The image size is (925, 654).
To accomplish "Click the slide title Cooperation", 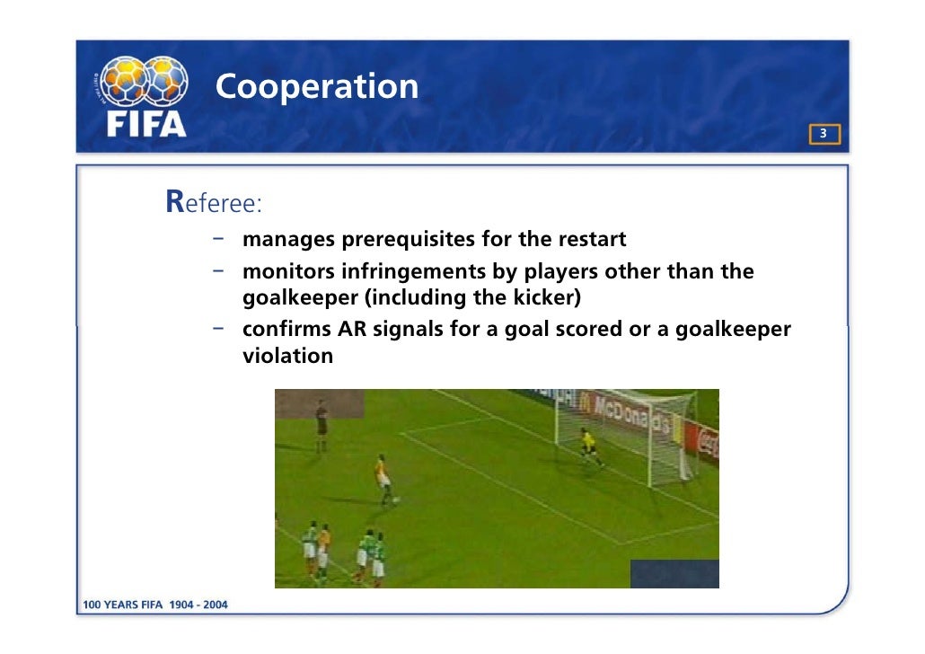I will click(x=316, y=87).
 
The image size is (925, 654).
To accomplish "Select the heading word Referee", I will click(x=213, y=203).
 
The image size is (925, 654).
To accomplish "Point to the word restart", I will click(x=591, y=241).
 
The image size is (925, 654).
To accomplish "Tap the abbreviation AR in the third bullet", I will click(x=353, y=329).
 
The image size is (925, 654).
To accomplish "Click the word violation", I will click(x=287, y=355).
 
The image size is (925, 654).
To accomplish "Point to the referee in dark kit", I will click(x=321, y=425).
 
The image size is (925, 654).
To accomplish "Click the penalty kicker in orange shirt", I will click(x=383, y=479).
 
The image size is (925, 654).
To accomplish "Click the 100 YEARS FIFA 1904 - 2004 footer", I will click(x=155, y=605).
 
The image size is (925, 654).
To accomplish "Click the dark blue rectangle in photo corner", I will click(x=674, y=573).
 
